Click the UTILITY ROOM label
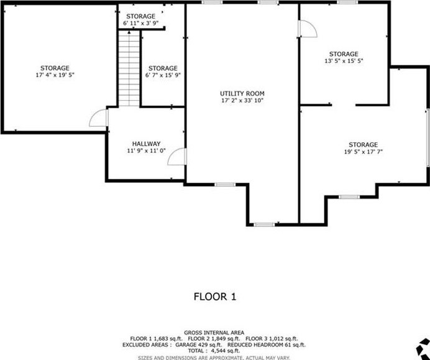tap(242, 93)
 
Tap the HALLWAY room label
tap(146, 144)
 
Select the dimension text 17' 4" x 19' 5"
tap(55, 75)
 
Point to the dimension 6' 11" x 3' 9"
tap(140, 23)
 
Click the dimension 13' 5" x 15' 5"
tap(344, 61)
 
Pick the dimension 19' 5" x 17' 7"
tap(364, 152)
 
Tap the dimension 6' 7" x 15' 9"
tap(163, 75)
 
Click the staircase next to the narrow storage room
tap(129, 68)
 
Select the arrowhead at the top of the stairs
tap(129, 32)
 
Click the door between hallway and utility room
tap(177, 157)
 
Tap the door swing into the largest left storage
tap(98, 118)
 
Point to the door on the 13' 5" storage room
tap(308, 29)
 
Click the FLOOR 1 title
tap(215, 297)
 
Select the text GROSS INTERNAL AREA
tap(214, 333)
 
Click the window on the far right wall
tap(428, 138)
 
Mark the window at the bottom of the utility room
tap(264, 224)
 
